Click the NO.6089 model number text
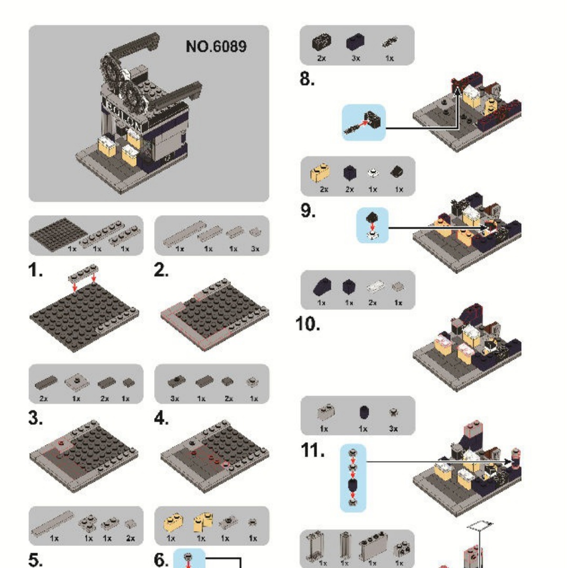coord(216,47)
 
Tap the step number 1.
coord(36,271)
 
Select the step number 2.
coord(161,271)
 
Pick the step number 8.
coord(308,80)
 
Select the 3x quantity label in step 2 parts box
coord(255,249)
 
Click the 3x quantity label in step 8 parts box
coord(356,58)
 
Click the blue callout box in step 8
coord(363,123)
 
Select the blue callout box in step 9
coord(372,225)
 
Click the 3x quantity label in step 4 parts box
coord(175,398)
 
